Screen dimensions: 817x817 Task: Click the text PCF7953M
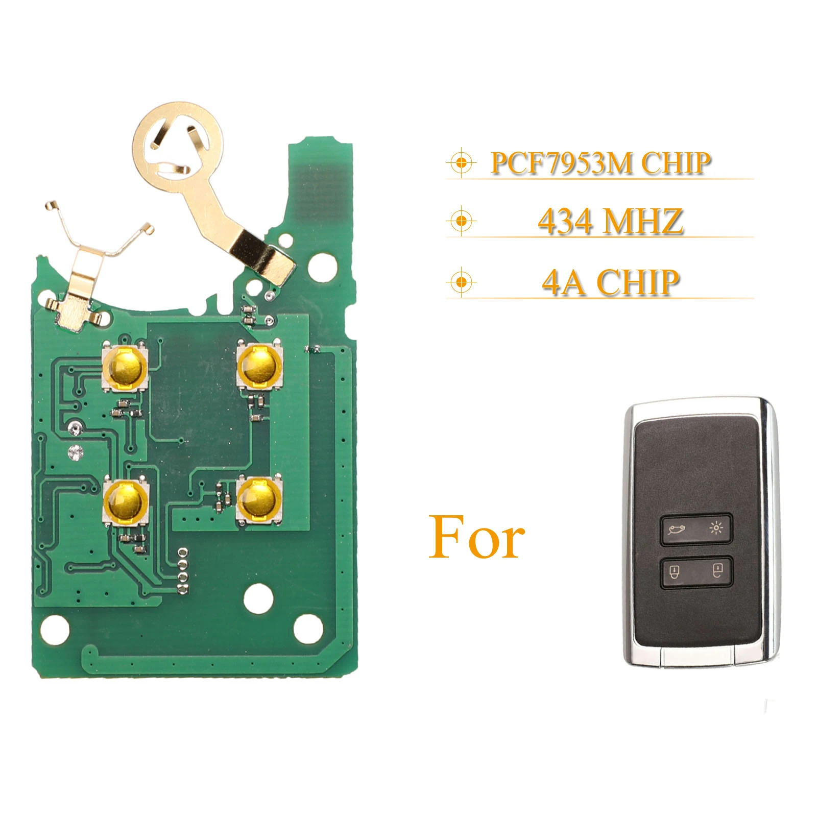[561, 163]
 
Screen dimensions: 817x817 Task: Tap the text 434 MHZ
[610, 222]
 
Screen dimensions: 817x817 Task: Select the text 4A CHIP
[610, 282]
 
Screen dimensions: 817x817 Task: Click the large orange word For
[476, 538]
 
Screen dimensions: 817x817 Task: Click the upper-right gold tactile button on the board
[259, 366]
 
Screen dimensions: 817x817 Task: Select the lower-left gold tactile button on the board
[126, 500]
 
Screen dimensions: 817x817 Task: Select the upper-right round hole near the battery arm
[323, 266]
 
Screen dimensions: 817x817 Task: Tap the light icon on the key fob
[716, 528]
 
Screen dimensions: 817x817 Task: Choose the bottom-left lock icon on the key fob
[674, 571]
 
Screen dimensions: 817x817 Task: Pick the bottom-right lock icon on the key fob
[717, 569]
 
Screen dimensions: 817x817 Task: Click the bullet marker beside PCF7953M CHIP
[461, 163]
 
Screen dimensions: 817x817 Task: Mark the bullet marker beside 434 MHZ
[461, 221]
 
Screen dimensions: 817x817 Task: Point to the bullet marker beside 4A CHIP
[461, 282]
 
